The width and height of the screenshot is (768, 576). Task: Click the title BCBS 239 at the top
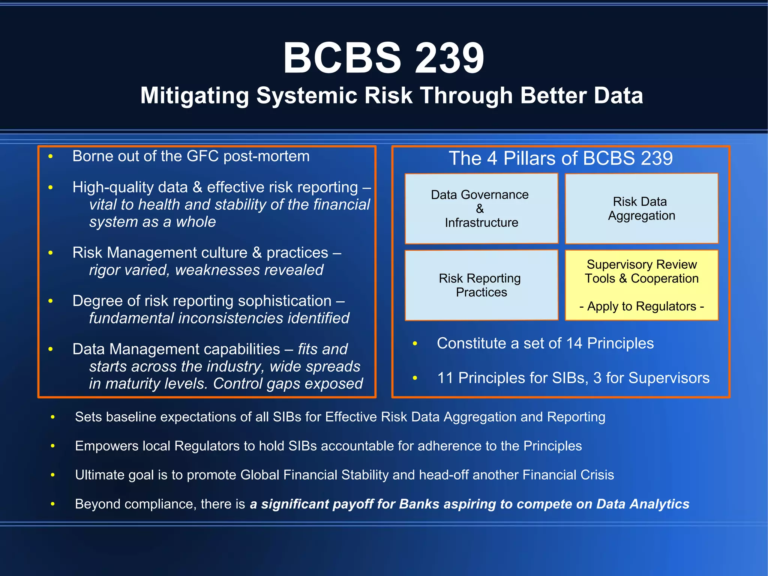[x=384, y=58]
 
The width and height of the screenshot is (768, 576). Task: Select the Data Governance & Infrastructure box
[x=481, y=209]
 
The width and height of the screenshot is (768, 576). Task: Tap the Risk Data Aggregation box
[x=641, y=209]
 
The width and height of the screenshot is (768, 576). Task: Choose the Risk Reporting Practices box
[x=481, y=285]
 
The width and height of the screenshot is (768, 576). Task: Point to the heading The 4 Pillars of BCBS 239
[x=561, y=158]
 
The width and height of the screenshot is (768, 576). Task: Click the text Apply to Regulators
[x=641, y=307]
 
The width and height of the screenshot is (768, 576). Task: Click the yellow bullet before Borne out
[x=51, y=156]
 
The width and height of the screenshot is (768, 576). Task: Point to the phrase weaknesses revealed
[x=249, y=270]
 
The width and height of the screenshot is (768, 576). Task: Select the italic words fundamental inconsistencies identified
[x=219, y=318]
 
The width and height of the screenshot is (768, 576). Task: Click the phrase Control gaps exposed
[x=288, y=384]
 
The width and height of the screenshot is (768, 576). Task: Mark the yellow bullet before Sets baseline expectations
[x=53, y=417]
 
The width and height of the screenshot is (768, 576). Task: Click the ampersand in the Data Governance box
[x=480, y=209]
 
